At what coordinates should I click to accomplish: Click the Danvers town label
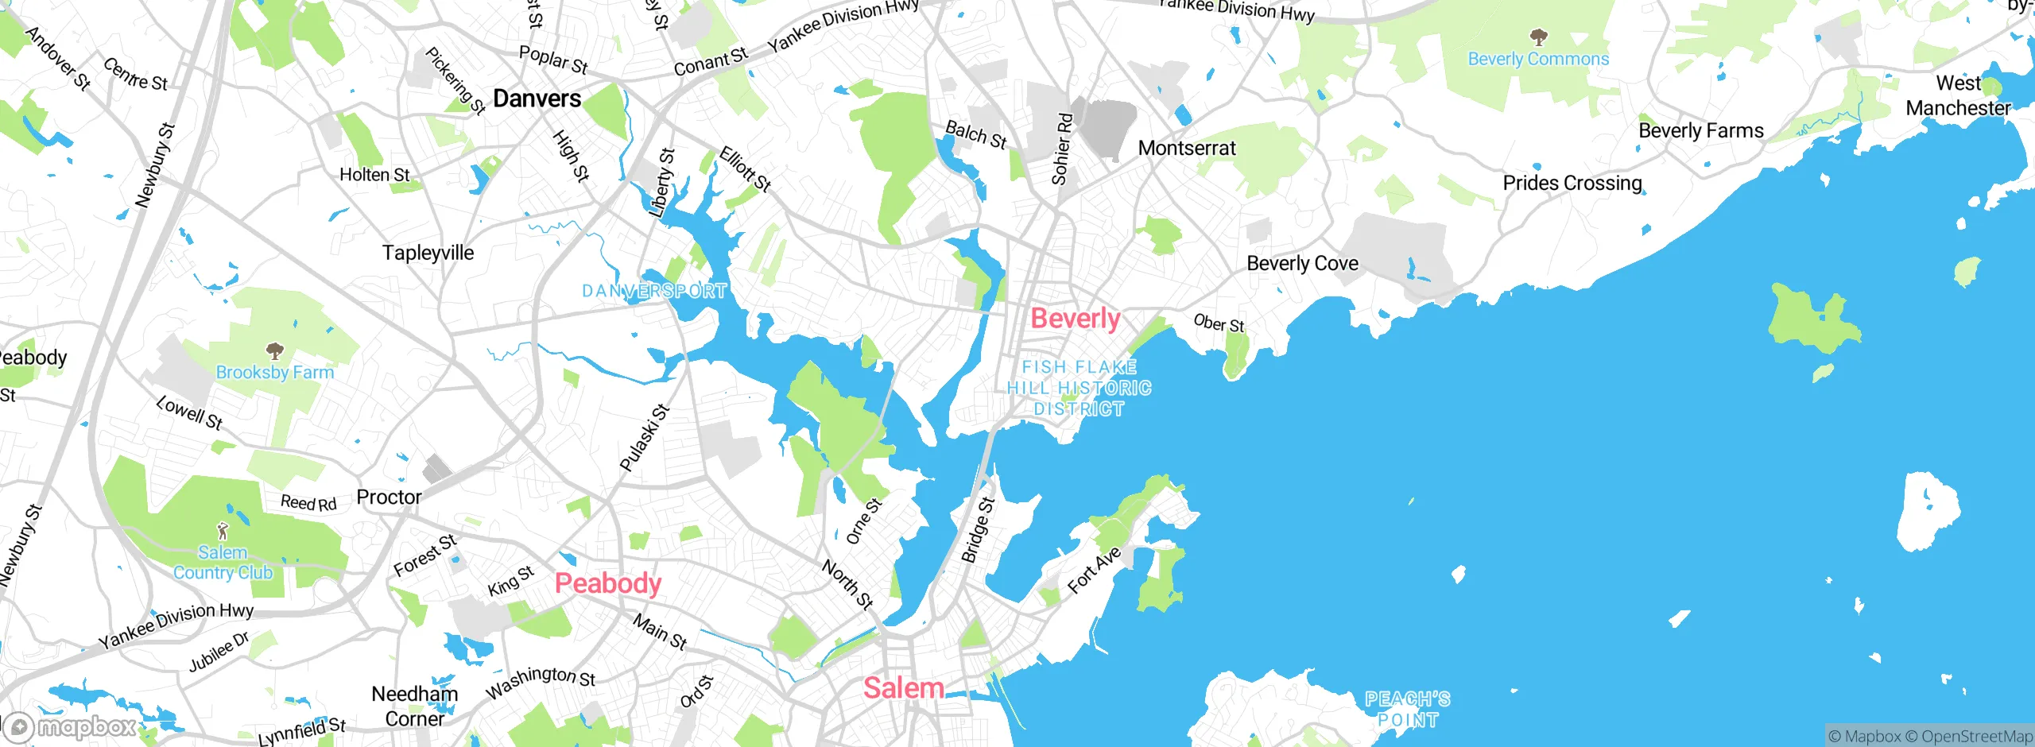(537, 99)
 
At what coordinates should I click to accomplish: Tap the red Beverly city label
(1076, 319)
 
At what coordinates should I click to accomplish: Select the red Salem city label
(904, 688)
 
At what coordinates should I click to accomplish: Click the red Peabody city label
(608, 583)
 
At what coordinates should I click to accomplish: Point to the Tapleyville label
(428, 253)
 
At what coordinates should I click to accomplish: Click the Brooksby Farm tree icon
(274, 350)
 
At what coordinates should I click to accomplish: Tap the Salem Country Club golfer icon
(223, 531)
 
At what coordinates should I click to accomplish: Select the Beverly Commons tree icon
(1538, 37)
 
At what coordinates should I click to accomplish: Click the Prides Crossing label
(1572, 183)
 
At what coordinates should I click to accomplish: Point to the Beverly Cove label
(1302, 263)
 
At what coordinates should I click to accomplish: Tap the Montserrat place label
(1187, 148)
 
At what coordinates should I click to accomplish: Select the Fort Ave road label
(1094, 570)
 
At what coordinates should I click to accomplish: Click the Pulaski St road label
(645, 438)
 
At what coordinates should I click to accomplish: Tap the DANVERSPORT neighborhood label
(654, 291)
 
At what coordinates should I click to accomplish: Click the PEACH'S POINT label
(1408, 710)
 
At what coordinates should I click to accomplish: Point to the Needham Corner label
(414, 706)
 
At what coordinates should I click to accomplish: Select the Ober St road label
(1219, 323)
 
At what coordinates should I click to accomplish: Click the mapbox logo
(72, 726)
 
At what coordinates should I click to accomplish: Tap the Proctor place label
(389, 497)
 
